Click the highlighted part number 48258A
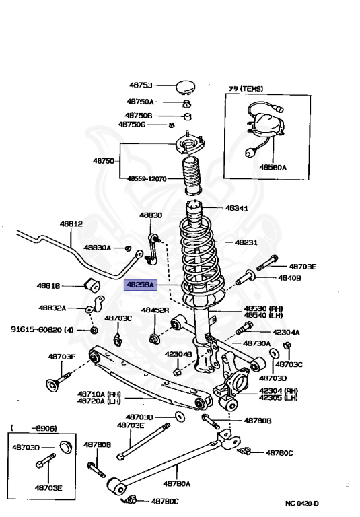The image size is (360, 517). point(139,285)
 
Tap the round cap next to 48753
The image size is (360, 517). point(186,86)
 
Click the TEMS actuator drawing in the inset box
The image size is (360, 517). point(264,127)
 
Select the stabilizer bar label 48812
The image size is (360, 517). point(71,223)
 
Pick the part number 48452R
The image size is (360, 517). point(155,311)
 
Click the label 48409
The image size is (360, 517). point(289,277)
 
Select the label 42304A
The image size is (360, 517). point(287,332)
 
